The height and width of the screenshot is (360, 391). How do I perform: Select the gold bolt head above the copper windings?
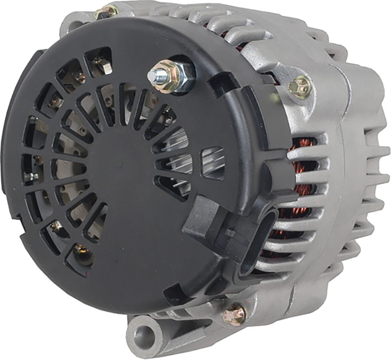[x=300, y=86]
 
